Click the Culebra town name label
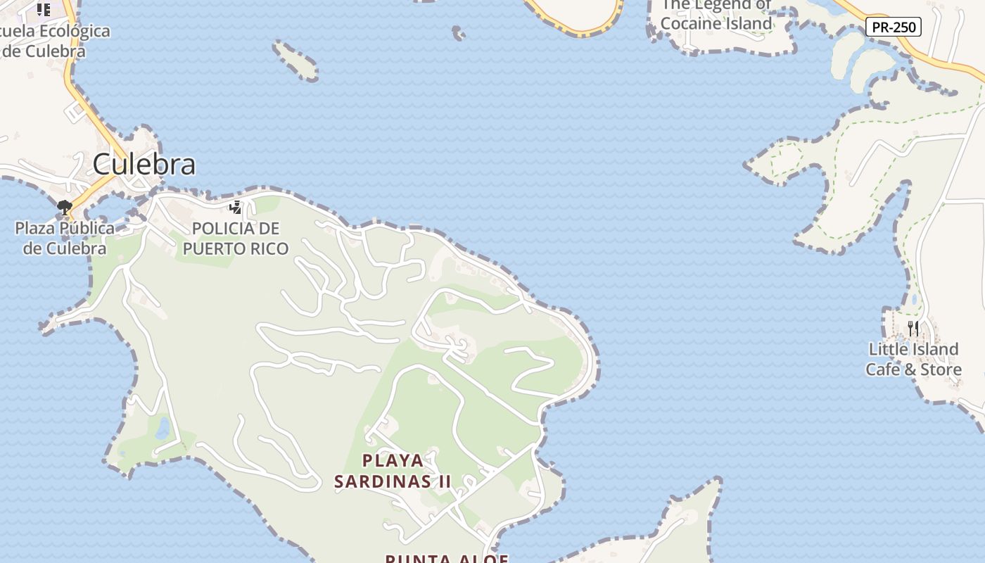[x=144, y=164]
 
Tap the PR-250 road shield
[x=893, y=27]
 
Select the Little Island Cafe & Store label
[x=913, y=359]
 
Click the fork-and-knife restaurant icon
[x=913, y=328]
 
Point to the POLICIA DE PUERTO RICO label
[x=236, y=239]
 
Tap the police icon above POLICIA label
[x=236, y=207]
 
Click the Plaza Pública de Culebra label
[x=65, y=238]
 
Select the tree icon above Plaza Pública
[x=65, y=207]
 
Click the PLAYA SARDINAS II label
[x=393, y=471]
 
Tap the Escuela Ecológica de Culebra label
[x=53, y=41]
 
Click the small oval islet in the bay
[x=295, y=60]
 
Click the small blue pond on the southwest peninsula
[x=163, y=427]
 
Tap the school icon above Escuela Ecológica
[x=44, y=9]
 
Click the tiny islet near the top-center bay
[x=458, y=32]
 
